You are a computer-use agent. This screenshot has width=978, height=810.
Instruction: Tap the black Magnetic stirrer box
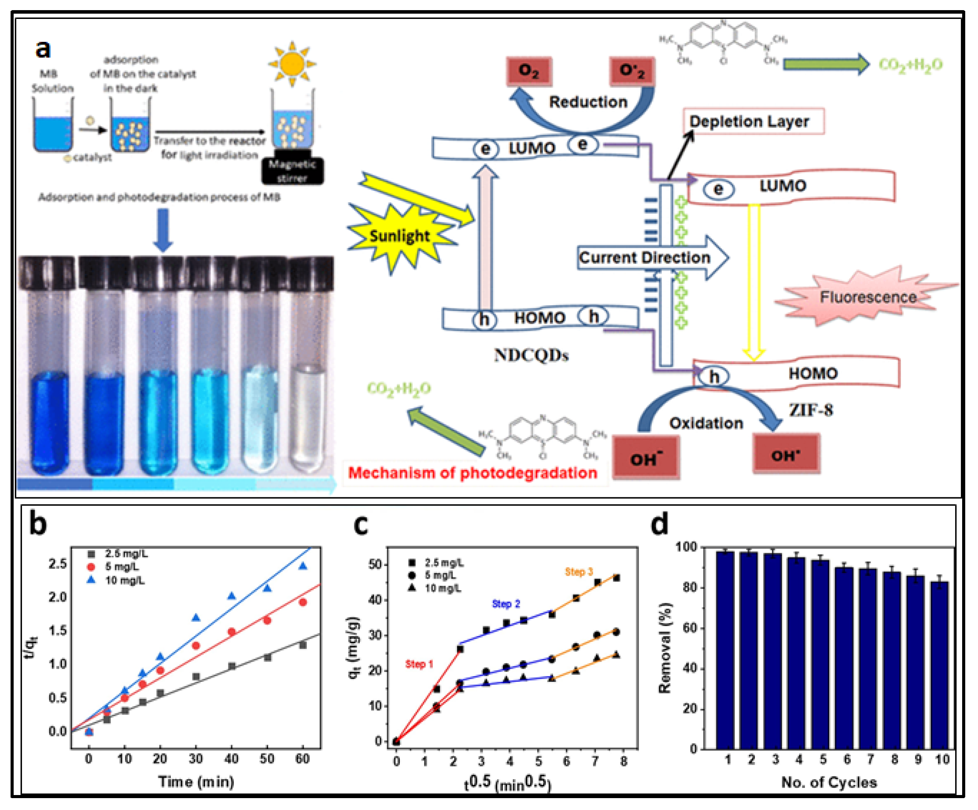pos(292,171)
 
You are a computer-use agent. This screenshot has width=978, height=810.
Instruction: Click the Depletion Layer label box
pos(753,122)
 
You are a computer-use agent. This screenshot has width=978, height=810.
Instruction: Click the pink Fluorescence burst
pos(867,297)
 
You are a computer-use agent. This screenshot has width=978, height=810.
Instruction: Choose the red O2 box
pos(528,71)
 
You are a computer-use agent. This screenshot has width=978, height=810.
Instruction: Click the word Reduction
pos(588,102)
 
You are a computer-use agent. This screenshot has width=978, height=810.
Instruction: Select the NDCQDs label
pos(531,355)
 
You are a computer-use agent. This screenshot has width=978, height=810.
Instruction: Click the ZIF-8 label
pos(810,410)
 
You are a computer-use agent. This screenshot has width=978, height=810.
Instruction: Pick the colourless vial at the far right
pos(309,414)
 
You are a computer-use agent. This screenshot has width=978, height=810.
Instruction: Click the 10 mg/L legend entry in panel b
pos(124,581)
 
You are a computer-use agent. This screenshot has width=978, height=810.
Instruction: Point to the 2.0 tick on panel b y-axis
pos(57,597)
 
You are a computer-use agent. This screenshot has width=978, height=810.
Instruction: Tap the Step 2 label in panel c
pos(506,604)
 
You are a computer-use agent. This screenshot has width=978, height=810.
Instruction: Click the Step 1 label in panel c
pos(419,664)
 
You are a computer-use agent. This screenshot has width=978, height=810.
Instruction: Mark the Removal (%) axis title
pos(665,648)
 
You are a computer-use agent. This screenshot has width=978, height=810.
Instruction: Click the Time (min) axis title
pos(196,781)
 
